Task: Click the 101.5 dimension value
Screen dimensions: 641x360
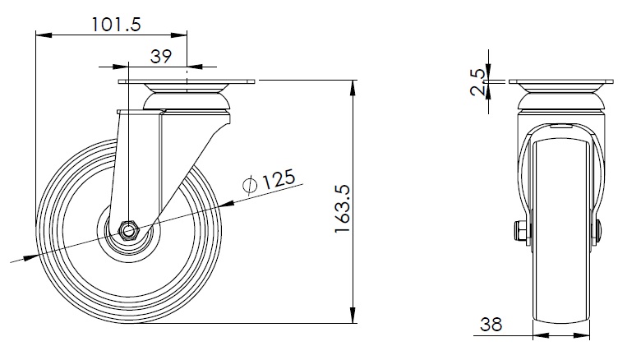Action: point(116,25)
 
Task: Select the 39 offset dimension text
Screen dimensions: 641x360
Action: point(161,57)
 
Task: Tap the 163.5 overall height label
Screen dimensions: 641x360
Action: point(343,209)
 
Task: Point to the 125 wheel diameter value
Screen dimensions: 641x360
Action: point(278,179)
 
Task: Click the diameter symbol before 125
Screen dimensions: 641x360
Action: point(250,185)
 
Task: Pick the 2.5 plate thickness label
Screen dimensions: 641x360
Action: point(477,82)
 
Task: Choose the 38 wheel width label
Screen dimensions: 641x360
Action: point(491,325)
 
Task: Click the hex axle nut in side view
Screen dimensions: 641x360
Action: point(128,231)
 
